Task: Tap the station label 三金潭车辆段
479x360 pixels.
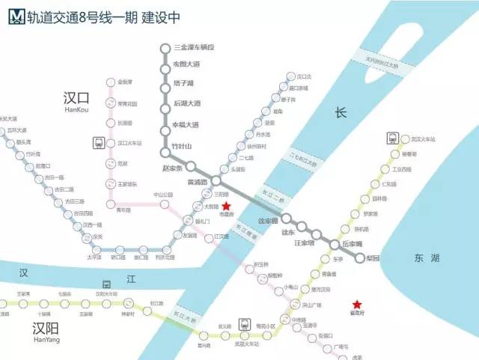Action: (193, 48)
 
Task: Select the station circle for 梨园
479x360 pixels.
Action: (360, 258)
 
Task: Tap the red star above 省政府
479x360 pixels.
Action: (357, 304)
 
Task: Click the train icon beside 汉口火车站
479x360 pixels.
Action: (98, 142)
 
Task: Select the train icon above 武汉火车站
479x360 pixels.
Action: (392, 138)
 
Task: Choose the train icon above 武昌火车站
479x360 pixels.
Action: (245, 324)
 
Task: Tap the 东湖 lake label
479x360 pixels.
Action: (426, 258)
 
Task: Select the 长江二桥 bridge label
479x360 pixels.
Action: (272, 193)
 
